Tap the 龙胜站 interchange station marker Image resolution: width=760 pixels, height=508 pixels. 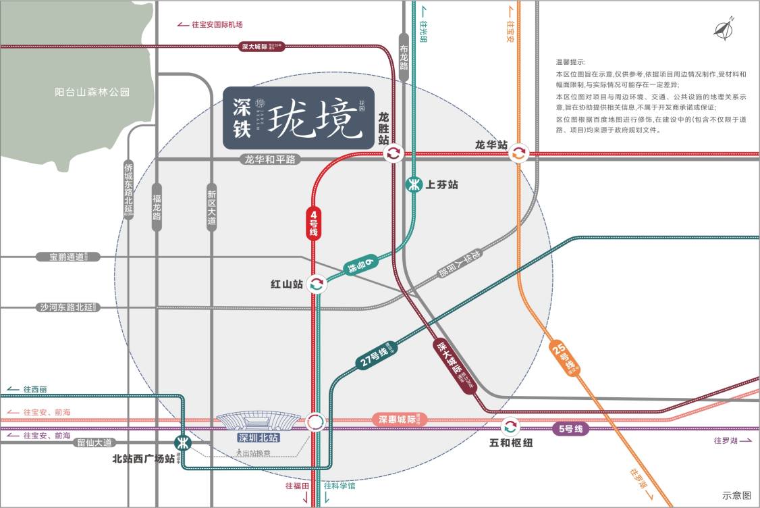point(393,154)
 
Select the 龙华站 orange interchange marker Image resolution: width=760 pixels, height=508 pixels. point(518,153)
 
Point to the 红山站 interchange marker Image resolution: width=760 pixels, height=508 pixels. point(316,284)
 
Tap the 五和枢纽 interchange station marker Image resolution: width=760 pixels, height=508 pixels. point(510,426)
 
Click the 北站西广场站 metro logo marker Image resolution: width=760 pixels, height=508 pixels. point(182,443)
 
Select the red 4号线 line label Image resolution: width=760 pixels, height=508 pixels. point(314,222)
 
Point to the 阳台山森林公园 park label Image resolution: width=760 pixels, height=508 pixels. point(92,92)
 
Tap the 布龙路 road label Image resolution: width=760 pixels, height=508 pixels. point(404,58)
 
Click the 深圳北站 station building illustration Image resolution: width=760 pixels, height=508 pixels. point(258,422)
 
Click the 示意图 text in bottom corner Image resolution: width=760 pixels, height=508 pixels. point(736,495)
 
